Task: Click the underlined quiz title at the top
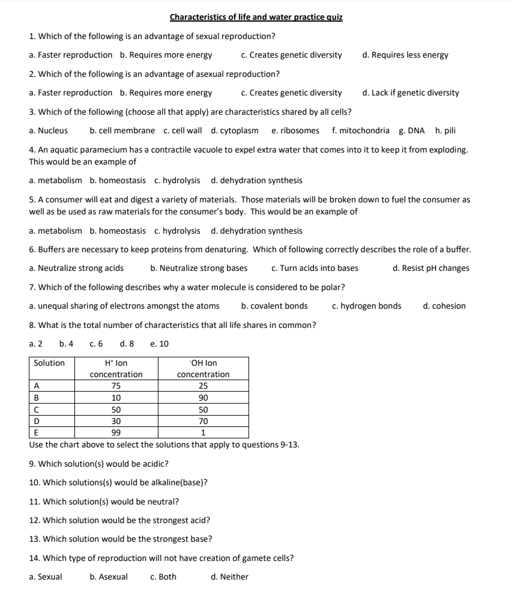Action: [x=256, y=17]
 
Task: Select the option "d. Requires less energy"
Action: [x=405, y=55]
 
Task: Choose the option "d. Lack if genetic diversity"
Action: [x=411, y=92]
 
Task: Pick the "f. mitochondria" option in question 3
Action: [x=360, y=130]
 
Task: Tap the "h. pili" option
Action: [x=445, y=130]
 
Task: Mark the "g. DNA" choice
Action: [x=412, y=130]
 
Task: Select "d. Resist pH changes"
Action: [x=431, y=268]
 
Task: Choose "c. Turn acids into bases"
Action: [x=315, y=268]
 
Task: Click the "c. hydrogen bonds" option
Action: [x=367, y=306]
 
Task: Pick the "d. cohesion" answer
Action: [x=444, y=306]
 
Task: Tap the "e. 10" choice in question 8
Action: [x=160, y=344]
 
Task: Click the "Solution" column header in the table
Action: [x=49, y=363]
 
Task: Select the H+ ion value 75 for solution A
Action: [x=116, y=386]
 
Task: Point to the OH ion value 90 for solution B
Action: [x=203, y=398]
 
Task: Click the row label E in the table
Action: [x=36, y=432]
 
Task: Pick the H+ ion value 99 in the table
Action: [x=116, y=432]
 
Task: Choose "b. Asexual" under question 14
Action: [x=109, y=577]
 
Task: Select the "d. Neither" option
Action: [x=230, y=577]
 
